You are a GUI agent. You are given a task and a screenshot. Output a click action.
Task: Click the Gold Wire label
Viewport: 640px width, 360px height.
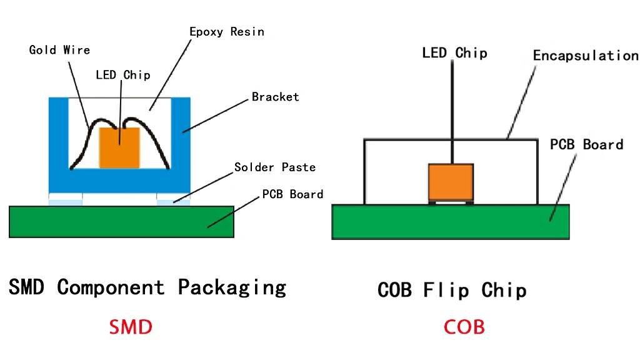click(59, 50)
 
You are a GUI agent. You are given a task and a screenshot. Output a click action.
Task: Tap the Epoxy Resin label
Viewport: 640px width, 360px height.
click(226, 31)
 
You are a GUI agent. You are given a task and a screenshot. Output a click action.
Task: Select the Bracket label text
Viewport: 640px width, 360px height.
click(275, 97)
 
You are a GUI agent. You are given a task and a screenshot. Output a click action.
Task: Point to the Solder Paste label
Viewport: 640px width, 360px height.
click(275, 167)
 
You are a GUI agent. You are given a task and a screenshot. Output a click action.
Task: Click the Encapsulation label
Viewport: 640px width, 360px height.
click(586, 56)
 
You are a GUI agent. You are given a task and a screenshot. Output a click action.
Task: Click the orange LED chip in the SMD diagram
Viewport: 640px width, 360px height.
click(119, 147)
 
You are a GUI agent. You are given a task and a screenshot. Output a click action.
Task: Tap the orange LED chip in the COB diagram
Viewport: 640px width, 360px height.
click(451, 182)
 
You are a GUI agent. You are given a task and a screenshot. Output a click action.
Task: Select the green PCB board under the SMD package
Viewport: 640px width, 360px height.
click(122, 222)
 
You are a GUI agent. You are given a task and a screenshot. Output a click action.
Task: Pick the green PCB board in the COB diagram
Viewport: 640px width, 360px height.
click(451, 222)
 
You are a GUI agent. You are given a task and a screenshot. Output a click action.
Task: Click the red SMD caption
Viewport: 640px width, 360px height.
click(131, 327)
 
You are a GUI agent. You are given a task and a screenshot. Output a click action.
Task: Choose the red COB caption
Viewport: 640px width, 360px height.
click(464, 327)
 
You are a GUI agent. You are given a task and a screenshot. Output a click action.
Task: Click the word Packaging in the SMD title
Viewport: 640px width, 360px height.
click(232, 288)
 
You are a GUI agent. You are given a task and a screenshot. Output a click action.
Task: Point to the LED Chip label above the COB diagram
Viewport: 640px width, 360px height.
click(454, 52)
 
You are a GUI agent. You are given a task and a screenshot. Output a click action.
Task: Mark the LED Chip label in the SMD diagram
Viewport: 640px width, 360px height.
click(122, 75)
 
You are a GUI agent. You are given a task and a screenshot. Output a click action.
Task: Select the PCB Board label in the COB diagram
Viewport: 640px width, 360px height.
click(586, 145)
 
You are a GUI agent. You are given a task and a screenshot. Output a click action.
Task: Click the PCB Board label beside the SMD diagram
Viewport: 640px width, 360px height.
click(292, 194)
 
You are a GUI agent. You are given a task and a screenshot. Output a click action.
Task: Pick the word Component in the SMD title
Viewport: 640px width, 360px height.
click(111, 288)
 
